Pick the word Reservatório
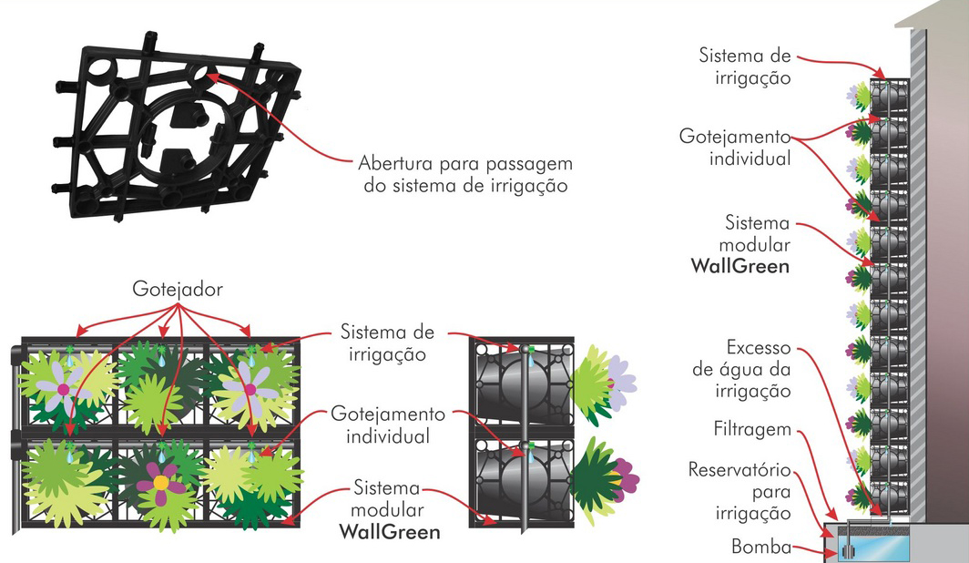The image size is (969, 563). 741,472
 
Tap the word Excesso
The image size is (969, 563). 759,349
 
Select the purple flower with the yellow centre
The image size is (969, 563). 159,482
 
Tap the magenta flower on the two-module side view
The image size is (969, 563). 625,476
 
